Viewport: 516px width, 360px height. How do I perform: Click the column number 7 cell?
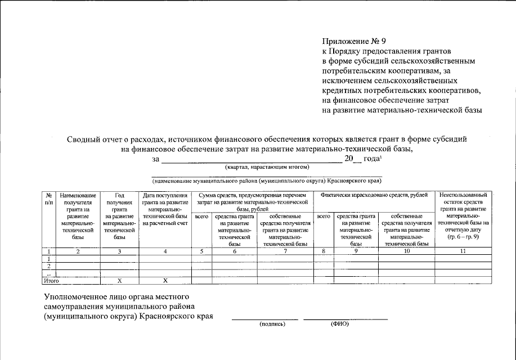click(285, 251)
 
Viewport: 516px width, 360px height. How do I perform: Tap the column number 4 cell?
click(165, 251)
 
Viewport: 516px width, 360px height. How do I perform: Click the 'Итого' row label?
click(51, 279)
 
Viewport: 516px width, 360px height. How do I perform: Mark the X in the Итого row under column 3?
click(119, 280)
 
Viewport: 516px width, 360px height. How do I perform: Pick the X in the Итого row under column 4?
click(165, 280)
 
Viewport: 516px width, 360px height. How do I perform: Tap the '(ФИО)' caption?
click(340, 324)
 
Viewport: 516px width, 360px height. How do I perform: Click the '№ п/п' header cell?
click(49, 198)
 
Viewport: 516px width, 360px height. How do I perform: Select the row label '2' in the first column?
click(49, 265)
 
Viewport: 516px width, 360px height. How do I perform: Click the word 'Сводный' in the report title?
click(83, 138)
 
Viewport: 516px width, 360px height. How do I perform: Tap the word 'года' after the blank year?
click(370, 159)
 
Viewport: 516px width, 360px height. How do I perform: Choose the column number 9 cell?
click(356, 251)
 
